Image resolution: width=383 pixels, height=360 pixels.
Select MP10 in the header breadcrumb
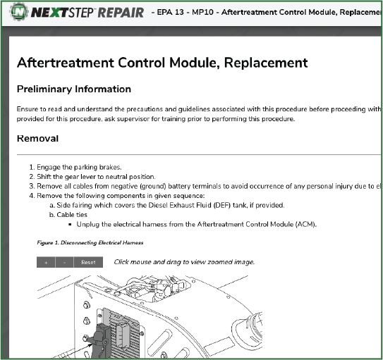pyautogui.click(x=212, y=13)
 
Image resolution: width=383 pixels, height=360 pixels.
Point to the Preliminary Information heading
pyautogui.click(x=73, y=89)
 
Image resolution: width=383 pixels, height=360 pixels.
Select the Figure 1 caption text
pyautogui.click(x=90, y=242)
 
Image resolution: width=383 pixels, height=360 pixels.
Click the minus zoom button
pyautogui.click(x=64, y=262)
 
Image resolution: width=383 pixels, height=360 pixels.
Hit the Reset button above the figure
pyautogui.click(x=88, y=262)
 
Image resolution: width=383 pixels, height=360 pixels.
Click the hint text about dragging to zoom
pyautogui.click(x=184, y=262)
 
